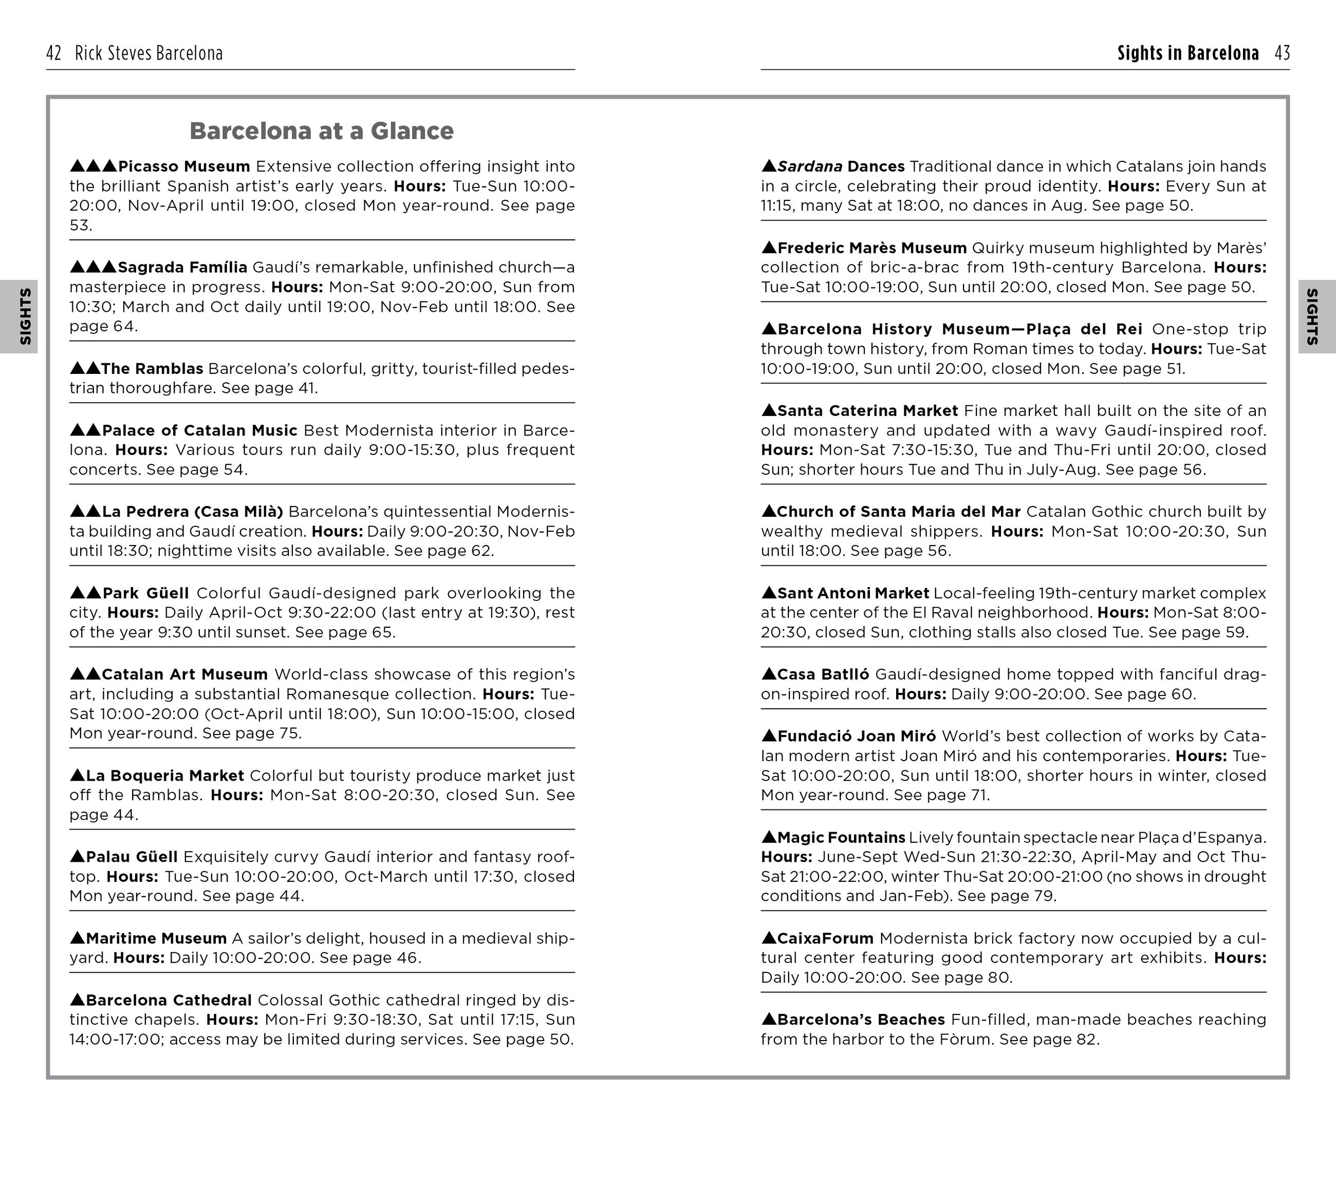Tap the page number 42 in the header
[53, 53]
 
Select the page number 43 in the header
[1282, 53]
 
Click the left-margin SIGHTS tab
[25, 316]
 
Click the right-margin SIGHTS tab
[1312, 316]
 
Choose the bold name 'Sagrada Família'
[182, 267]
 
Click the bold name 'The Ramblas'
[152, 368]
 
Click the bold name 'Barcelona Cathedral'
[168, 1000]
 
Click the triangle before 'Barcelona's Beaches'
[769, 1019]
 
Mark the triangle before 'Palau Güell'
[77, 856]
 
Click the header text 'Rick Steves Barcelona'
[149, 53]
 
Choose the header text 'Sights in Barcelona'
[1187, 53]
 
